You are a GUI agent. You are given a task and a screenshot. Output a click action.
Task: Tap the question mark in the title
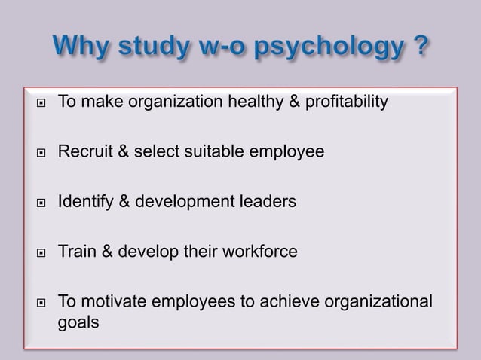coord(421,48)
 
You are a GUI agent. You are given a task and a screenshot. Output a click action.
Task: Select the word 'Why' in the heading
coord(81,48)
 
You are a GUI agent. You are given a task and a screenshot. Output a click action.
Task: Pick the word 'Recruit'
coord(84,152)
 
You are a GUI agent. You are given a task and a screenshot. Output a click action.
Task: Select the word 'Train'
coord(75,251)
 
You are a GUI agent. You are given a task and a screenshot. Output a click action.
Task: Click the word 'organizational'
coord(378,301)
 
